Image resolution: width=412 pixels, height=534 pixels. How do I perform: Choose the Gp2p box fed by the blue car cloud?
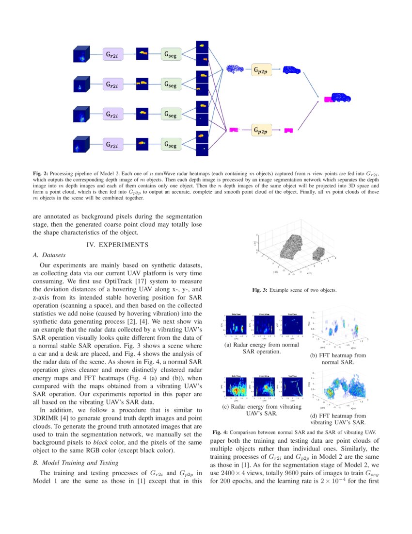tap(262, 70)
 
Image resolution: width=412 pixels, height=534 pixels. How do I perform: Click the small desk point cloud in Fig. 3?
tap(319, 253)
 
